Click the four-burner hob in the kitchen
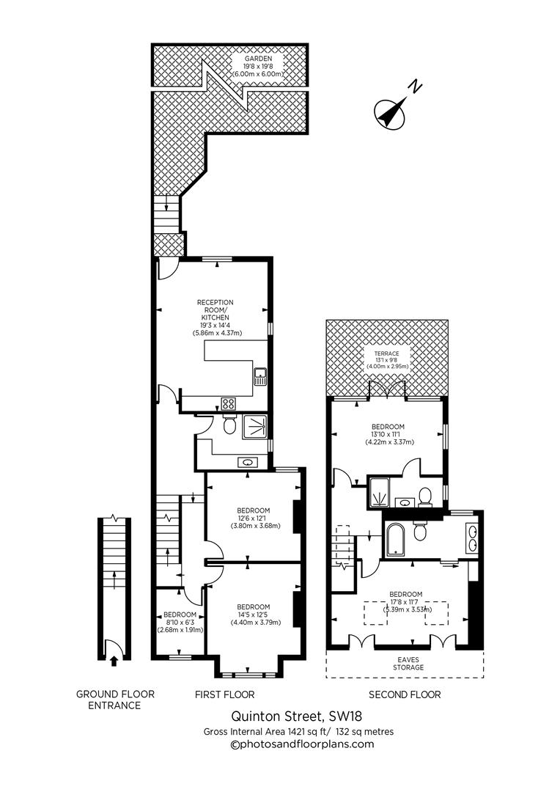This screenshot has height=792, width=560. (228, 403)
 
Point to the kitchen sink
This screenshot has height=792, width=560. (260, 377)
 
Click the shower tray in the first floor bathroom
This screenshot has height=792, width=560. (256, 426)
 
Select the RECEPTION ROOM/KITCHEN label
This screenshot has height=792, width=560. (215, 317)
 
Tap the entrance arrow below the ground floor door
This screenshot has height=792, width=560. (113, 661)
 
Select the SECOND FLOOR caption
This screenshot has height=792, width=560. (405, 694)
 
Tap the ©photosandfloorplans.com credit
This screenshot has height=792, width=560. (302, 744)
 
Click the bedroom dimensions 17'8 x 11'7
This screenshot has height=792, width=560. (405, 602)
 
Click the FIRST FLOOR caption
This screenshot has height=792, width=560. (224, 694)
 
